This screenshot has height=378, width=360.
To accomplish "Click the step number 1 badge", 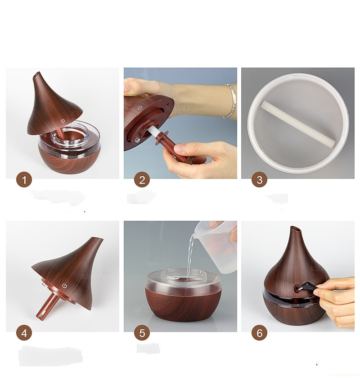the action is pyautogui.click(x=24, y=180).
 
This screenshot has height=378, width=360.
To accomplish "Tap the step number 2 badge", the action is pyautogui.click(x=142, y=180).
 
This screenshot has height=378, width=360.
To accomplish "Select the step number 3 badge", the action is pyautogui.click(x=259, y=180).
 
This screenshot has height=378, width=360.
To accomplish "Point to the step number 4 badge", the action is pyautogui.click(x=24, y=333).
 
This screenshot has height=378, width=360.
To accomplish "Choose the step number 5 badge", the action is pyautogui.click(x=142, y=333).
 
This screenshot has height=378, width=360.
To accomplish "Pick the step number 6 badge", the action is pyautogui.click(x=259, y=333).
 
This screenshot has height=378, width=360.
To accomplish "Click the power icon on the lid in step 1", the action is pyautogui.click(x=63, y=121).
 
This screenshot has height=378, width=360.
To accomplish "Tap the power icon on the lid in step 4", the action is pyautogui.click(x=64, y=286).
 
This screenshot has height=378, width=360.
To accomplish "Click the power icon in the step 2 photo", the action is pyautogui.click(x=139, y=108).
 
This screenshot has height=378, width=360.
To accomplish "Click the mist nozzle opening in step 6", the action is pyautogui.click(x=296, y=229).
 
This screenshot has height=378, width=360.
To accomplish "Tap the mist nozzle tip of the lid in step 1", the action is pyautogui.click(x=36, y=74).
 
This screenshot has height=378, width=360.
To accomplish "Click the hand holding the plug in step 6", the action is pyautogui.click(x=335, y=301).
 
